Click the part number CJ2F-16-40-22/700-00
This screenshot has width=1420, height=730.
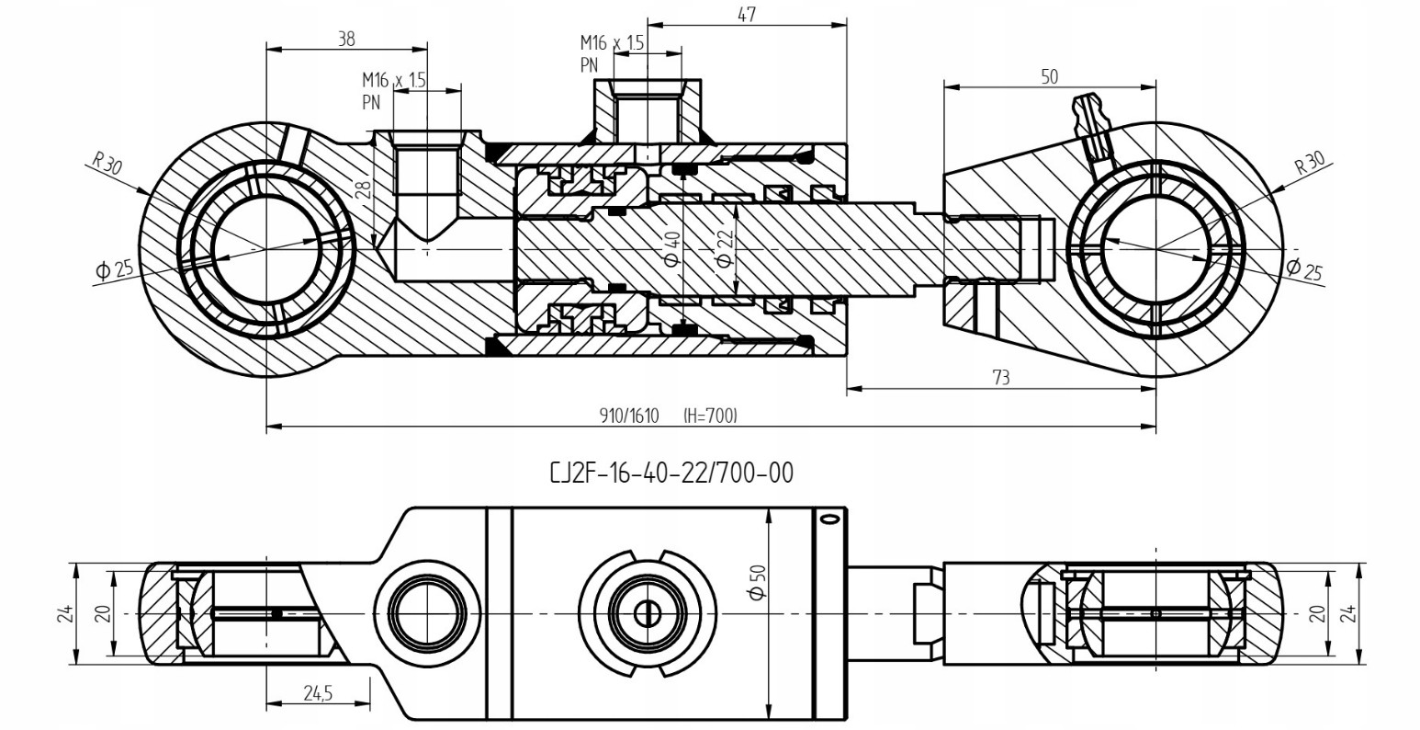[x=671, y=473]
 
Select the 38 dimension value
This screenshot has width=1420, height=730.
[x=346, y=40]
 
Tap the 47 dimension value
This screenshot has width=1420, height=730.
[x=748, y=15]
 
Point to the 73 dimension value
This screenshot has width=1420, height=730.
[x=1000, y=378]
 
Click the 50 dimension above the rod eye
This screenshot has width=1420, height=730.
[x=1050, y=77]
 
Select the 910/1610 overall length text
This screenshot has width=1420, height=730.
[x=629, y=416]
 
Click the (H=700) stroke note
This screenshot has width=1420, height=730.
[x=711, y=416]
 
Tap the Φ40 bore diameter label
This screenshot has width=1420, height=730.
[x=672, y=248]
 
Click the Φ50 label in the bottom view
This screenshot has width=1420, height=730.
[x=758, y=582]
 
